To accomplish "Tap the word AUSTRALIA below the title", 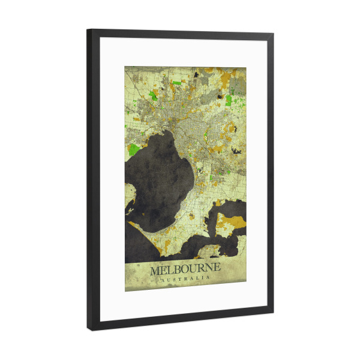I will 185,279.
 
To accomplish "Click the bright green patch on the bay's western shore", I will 134,149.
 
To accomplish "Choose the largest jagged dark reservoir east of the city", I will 236,150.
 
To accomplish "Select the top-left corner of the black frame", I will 88,31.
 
